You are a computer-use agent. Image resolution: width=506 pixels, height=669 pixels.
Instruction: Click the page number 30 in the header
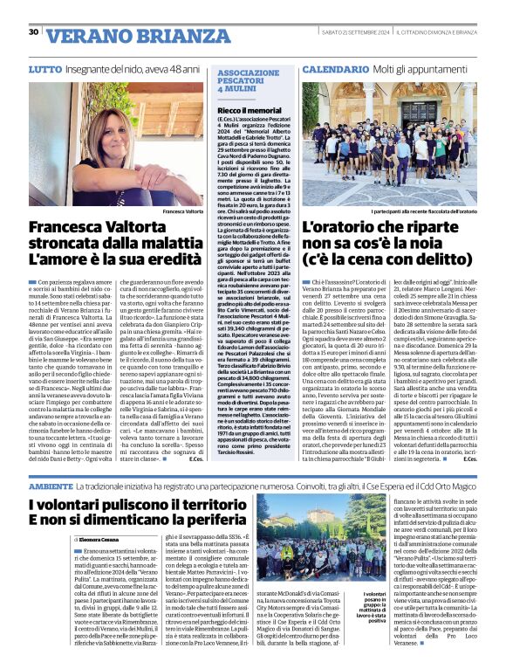pyautogui.click(x=33, y=32)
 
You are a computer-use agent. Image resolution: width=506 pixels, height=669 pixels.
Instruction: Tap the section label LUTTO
pyautogui.click(x=44, y=68)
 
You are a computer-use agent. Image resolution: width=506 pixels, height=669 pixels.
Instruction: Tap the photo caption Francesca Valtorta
pyautogui.click(x=182, y=211)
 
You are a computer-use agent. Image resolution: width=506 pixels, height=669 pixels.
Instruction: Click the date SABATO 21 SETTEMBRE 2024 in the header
pyautogui.click(x=354, y=32)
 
